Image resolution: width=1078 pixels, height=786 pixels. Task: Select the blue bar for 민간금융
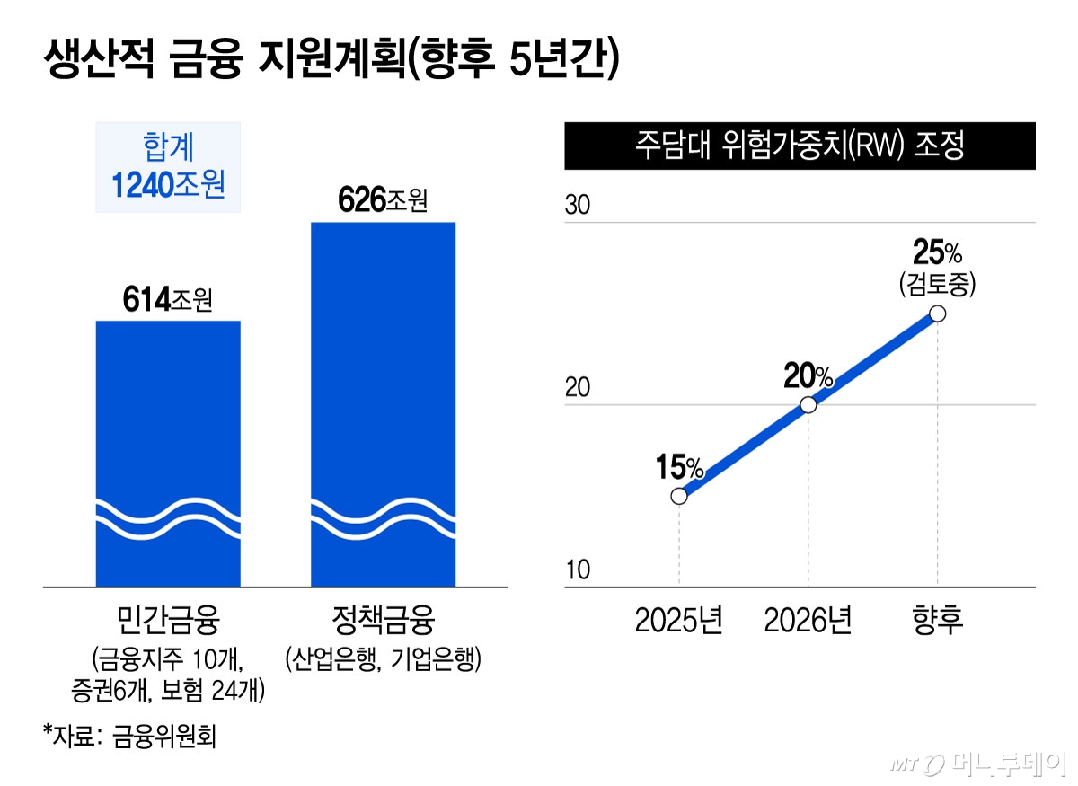point(168,449)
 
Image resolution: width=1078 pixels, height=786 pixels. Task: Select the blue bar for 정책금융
point(383,404)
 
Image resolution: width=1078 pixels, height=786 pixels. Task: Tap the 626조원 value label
point(383,200)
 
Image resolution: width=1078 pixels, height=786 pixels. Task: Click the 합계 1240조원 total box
point(168,167)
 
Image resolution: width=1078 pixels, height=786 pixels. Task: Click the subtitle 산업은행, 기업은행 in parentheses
point(383,660)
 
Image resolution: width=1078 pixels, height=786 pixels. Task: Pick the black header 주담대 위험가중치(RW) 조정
point(800,146)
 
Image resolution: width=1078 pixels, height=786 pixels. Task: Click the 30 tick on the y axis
point(578,206)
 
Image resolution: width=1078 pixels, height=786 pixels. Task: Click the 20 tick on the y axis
point(578,389)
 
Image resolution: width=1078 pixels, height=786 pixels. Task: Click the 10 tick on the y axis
point(578,571)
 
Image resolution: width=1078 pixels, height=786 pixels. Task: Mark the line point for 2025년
point(679,496)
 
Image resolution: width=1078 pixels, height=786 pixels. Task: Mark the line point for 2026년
point(808,404)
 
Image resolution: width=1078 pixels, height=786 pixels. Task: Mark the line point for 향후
point(938,314)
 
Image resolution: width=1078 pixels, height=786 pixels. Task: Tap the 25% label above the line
point(937,249)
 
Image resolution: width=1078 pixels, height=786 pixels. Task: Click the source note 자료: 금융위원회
point(130,737)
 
